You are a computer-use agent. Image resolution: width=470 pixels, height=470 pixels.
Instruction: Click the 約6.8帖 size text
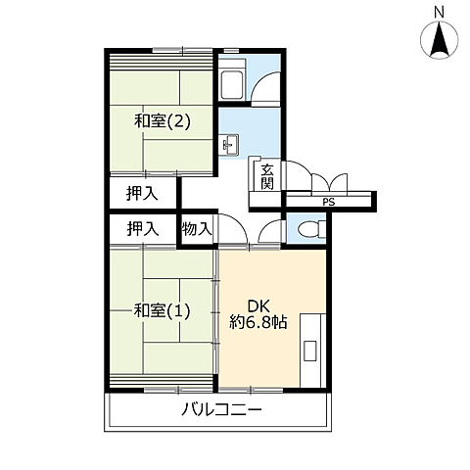tap(258, 321)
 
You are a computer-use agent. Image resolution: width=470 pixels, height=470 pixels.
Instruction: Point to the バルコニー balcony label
tap(221, 409)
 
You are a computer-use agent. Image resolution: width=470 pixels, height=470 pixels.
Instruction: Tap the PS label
tap(328, 203)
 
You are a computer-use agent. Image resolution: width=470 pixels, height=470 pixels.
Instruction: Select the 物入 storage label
tap(197, 229)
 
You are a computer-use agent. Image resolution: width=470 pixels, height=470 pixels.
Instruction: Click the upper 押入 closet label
tap(143, 193)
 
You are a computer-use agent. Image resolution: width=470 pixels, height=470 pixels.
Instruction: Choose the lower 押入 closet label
tap(143, 229)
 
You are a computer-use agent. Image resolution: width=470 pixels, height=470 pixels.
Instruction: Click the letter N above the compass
tap(439, 12)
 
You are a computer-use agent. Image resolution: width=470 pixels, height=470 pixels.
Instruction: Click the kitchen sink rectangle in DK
tap(309, 350)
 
